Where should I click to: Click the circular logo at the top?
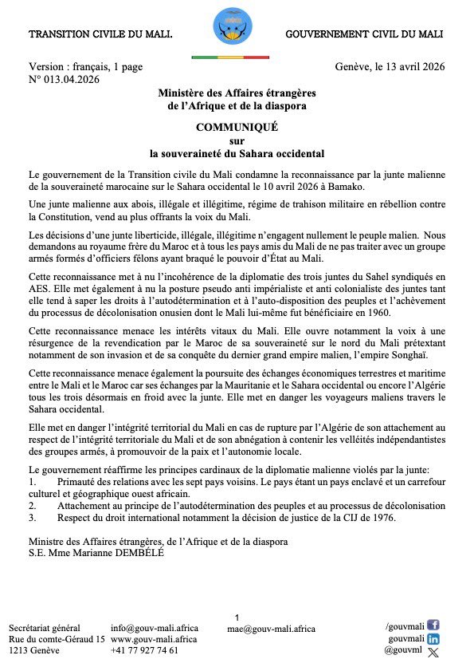(232, 26)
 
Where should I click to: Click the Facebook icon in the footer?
(433, 626)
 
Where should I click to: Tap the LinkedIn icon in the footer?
(433, 638)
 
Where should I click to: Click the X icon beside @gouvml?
(433, 652)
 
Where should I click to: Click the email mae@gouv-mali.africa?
(271, 629)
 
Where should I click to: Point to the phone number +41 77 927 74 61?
(145, 650)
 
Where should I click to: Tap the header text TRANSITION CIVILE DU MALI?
(100, 35)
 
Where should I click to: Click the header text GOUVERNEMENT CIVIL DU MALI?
(364, 35)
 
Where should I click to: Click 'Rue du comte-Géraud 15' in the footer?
(57, 639)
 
